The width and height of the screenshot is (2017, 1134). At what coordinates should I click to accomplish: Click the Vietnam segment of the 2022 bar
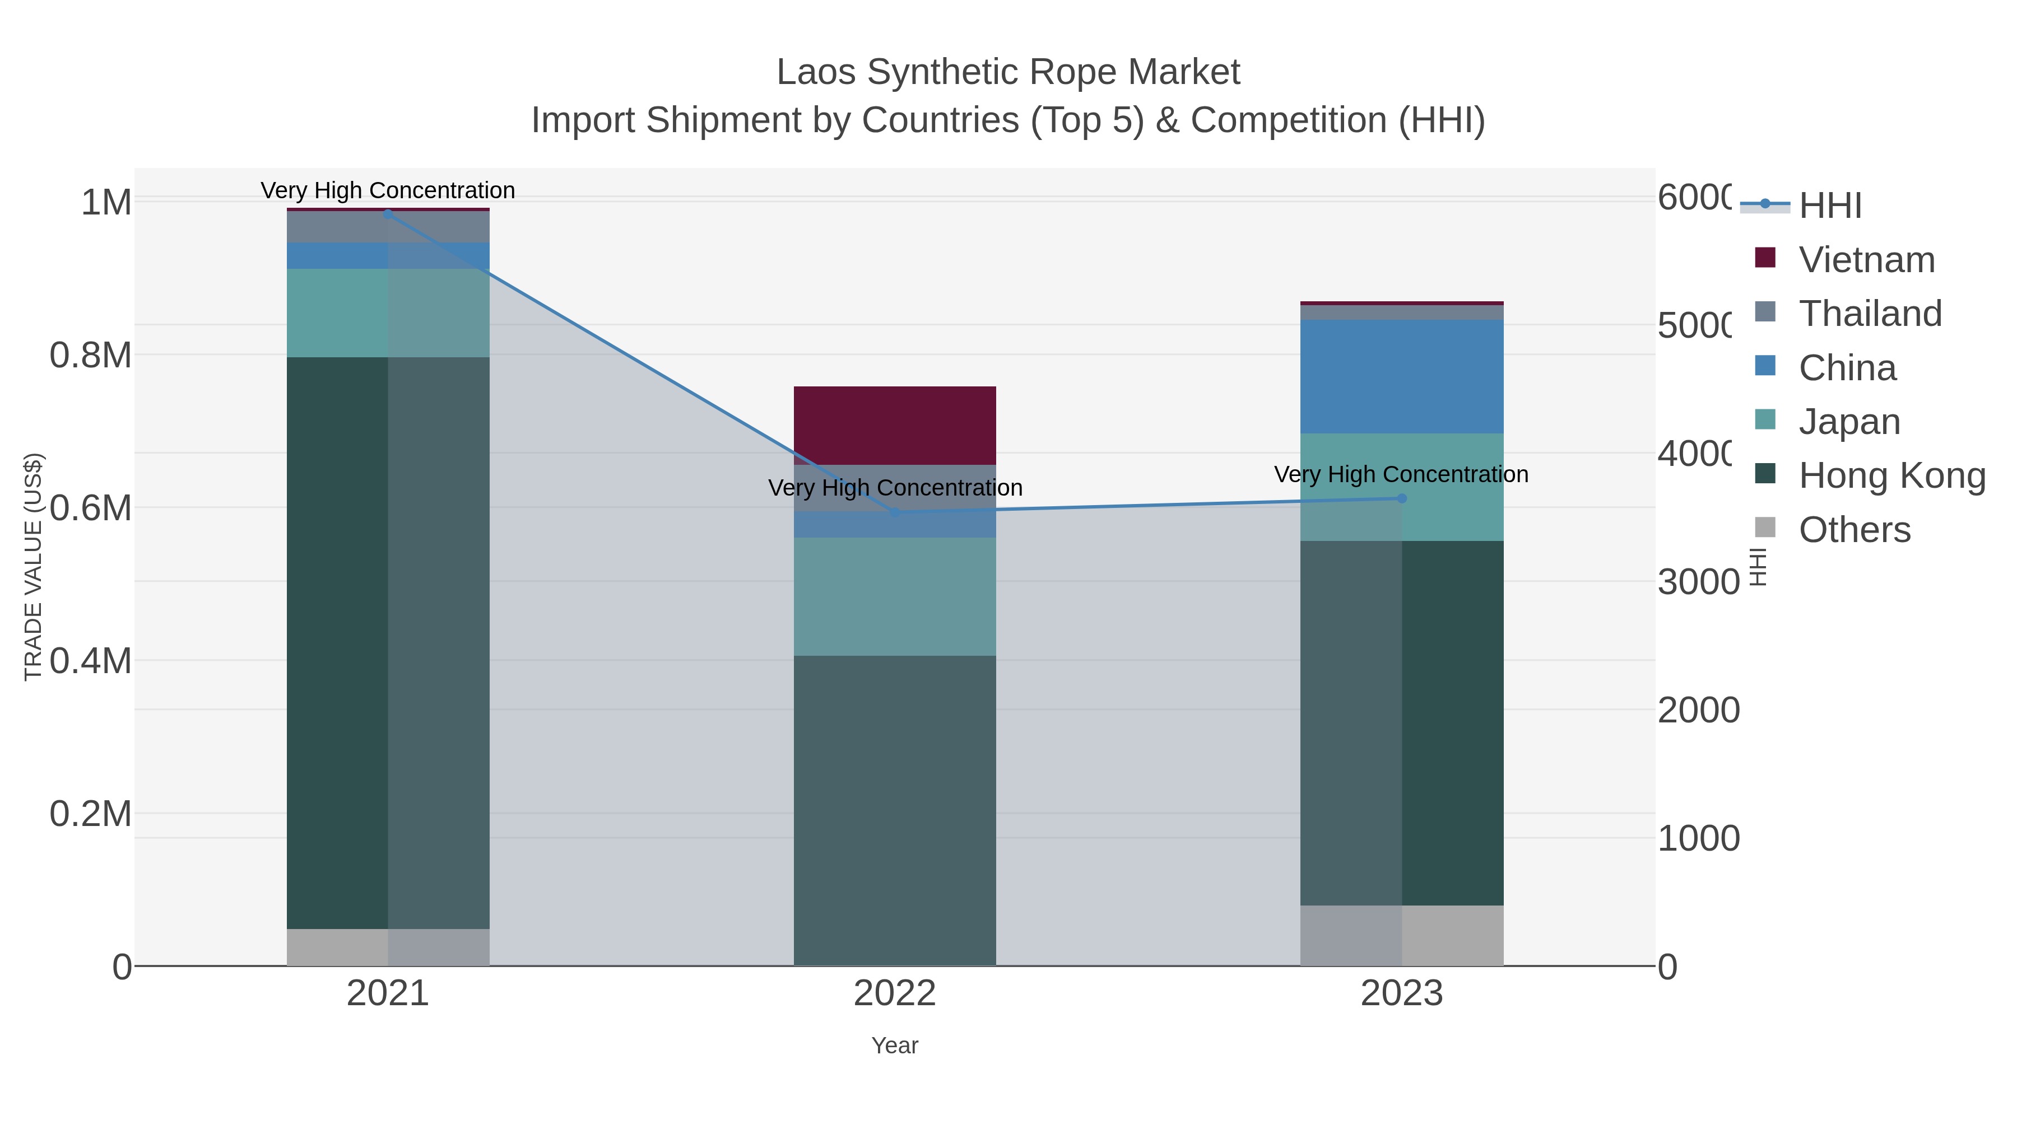pyautogui.click(x=894, y=425)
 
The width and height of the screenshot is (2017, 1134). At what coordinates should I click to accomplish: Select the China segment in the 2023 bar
pyautogui.click(x=1402, y=376)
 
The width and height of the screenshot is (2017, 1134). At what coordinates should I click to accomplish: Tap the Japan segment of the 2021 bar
pyautogui.click(x=388, y=313)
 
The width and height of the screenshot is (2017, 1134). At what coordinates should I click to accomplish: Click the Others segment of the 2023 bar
pyautogui.click(x=1402, y=935)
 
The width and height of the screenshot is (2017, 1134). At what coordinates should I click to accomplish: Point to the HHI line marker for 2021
pyautogui.click(x=388, y=214)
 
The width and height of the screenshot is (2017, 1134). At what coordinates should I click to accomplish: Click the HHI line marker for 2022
pyautogui.click(x=895, y=512)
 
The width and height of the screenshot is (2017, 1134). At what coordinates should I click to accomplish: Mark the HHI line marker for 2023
pyautogui.click(x=1402, y=498)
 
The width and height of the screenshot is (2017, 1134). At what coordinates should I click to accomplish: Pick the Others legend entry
pyautogui.click(x=1853, y=530)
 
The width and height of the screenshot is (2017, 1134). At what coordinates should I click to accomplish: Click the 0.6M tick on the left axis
pyautogui.click(x=91, y=508)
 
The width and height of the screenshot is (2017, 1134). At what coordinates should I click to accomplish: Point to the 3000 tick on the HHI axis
pyautogui.click(x=1698, y=582)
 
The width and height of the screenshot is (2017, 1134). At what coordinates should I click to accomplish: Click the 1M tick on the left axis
pyautogui.click(x=106, y=203)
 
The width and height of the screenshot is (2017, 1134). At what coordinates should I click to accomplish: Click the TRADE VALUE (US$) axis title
pyautogui.click(x=33, y=567)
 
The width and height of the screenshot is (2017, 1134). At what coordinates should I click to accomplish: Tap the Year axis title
pyautogui.click(x=894, y=1046)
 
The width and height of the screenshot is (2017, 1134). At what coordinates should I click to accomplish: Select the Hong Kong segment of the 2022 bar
pyautogui.click(x=894, y=810)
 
